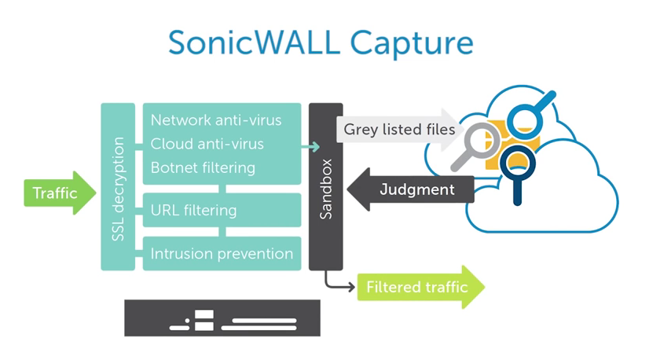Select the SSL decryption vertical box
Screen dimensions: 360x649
pyautogui.click(x=118, y=186)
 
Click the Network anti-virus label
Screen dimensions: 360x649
pyautogui.click(x=216, y=120)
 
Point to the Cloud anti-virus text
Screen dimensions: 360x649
pyautogui.click(x=207, y=144)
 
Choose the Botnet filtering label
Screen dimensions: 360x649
pyautogui.click(x=203, y=167)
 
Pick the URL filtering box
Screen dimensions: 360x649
pyautogui.click(x=222, y=210)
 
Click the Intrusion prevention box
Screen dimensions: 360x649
pyautogui.click(x=222, y=253)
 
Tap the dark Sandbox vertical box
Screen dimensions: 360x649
pyautogui.click(x=325, y=186)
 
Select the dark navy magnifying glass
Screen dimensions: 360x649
pyautogui.click(x=515, y=169)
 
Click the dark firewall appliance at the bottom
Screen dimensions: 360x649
pyautogui.click(x=222, y=318)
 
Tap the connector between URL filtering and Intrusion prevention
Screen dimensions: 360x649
pyautogui.click(x=223, y=232)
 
